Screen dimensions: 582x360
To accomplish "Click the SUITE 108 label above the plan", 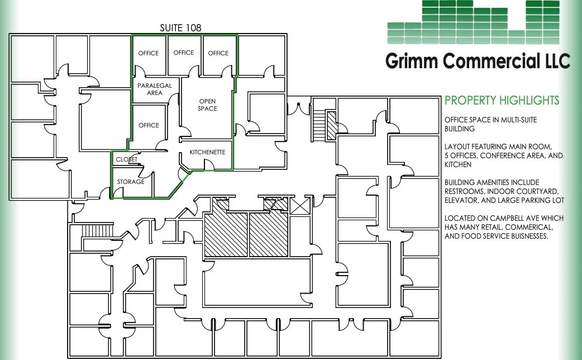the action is pos(180,27).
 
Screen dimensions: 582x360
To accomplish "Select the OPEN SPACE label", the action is pos(207,105).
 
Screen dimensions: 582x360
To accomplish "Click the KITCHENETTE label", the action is pos(207,152).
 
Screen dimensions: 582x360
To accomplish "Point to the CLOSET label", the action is pos(126,160).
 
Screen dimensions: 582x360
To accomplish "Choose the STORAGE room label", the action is pos(131,182).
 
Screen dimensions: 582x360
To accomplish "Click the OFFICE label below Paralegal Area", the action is pos(149,125).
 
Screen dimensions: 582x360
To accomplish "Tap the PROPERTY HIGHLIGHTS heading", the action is pos(502,101).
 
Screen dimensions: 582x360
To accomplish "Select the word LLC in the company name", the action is pos(553,60).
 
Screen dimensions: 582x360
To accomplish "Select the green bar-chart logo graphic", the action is pos(473,22).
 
